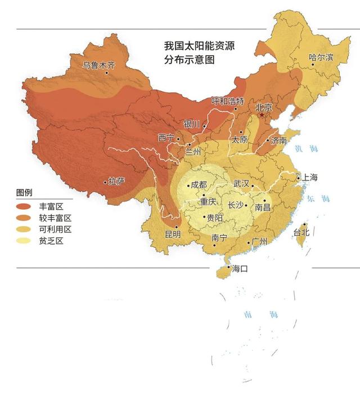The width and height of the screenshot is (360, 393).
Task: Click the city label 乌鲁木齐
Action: pos(99,65)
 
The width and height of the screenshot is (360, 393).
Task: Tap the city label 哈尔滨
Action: pos(321,57)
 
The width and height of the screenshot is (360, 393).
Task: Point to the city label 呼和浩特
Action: pos(227,101)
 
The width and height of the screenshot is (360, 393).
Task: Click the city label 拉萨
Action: pos(116,181)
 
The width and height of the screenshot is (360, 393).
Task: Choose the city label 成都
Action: pos(199,184)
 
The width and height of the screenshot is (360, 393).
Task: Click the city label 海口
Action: pos(240,269)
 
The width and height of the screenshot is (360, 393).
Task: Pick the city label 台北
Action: pos(301,232)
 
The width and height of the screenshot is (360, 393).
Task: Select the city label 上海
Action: pos(310,178)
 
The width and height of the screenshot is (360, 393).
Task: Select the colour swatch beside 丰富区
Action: pos(26,206)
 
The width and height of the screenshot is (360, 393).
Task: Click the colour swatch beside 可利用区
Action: pos(26,229)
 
